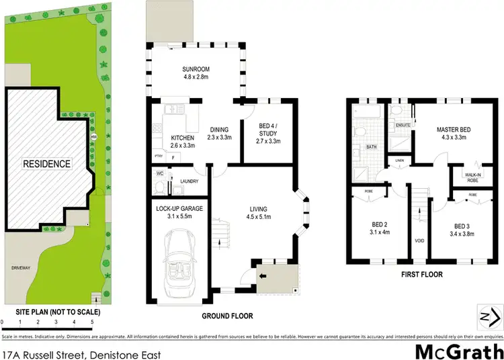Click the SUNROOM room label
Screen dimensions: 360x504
196,71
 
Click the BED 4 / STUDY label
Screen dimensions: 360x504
267,134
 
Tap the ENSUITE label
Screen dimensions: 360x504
403,125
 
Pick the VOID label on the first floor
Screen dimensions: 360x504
419,239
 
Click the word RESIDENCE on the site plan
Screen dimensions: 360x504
46,163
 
